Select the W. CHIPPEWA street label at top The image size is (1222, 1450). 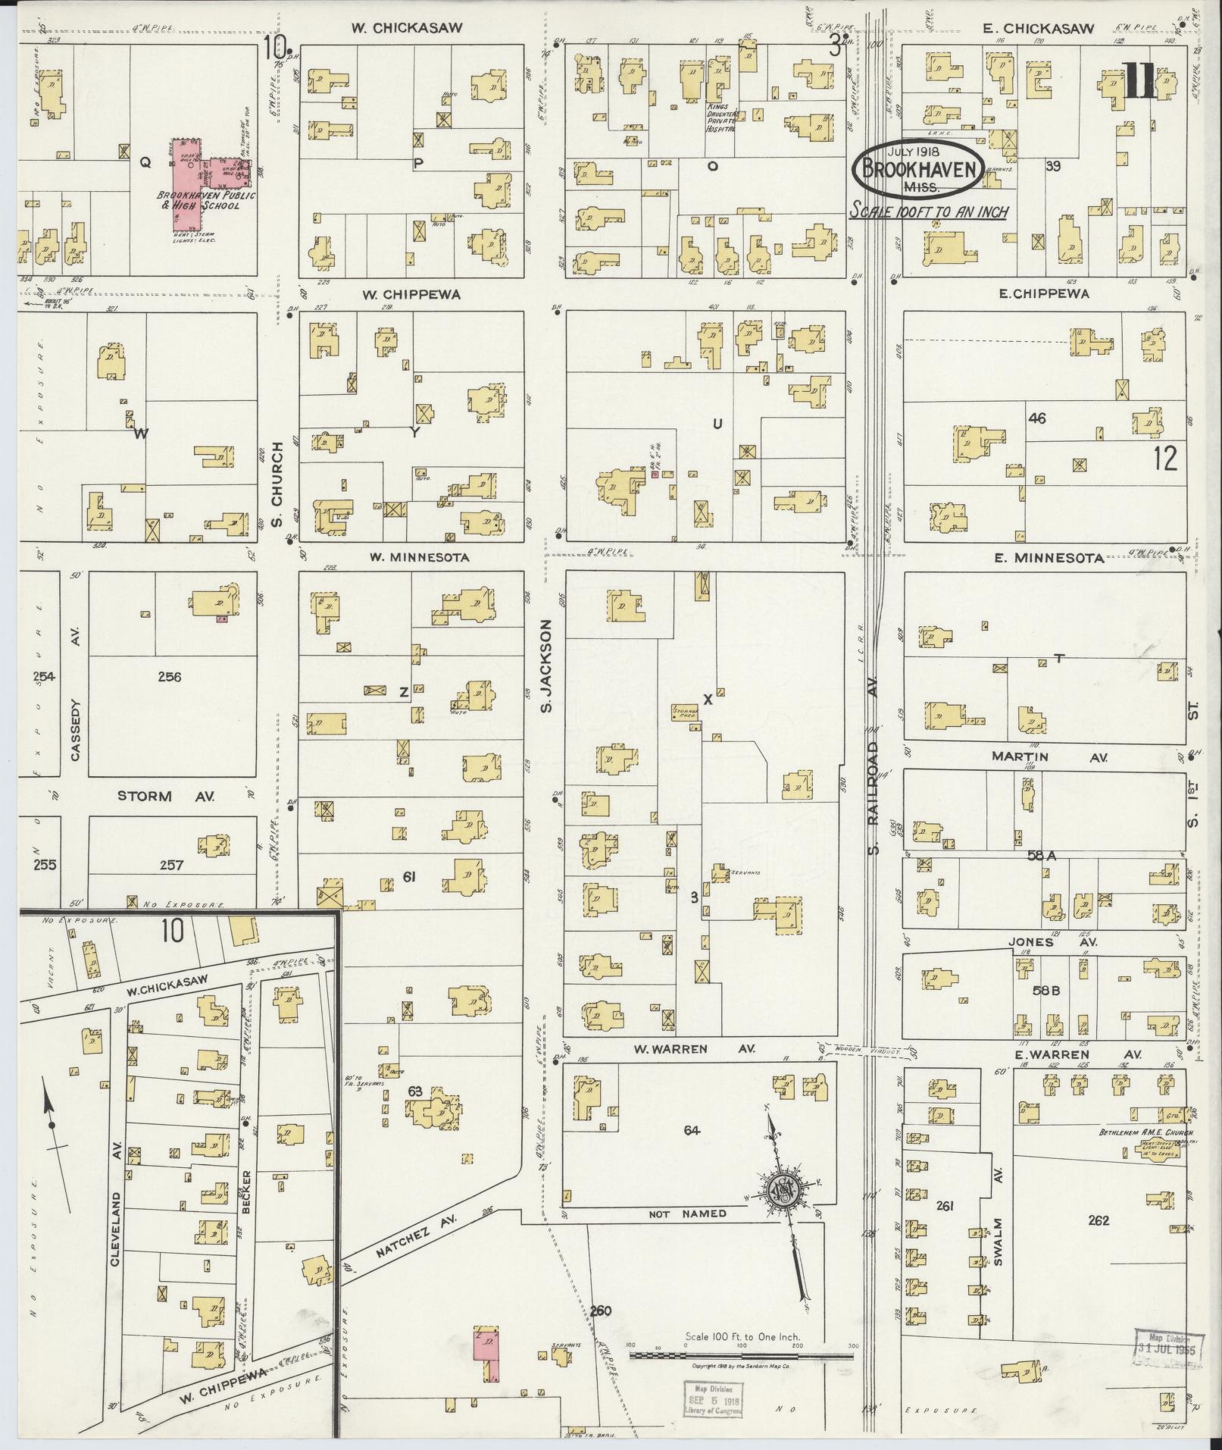[x=411, y=294]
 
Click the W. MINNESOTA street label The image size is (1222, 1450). [x=419, y=556]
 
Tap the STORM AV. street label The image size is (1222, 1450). [x=166, y=796]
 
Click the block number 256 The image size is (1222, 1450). [x=170, y=677]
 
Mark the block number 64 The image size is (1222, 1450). [x=691, y=1130]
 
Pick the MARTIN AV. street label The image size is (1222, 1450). [x=1049, y=756]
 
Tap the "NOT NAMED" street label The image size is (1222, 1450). [x=687, y=1214]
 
